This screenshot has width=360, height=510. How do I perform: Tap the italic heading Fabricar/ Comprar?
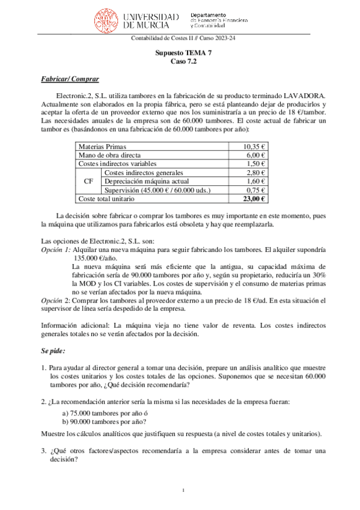click(70, 79)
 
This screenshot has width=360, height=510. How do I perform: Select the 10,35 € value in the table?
click(255, 146)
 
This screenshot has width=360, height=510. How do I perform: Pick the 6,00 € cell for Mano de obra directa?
click(257, 155)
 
